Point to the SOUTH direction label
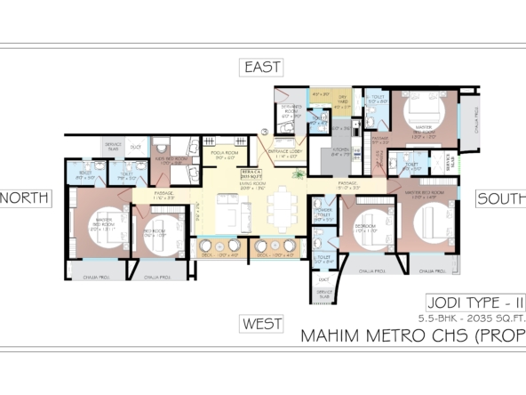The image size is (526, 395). [500, 197]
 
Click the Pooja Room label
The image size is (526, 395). [224, 155]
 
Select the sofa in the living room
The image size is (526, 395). [227, 214]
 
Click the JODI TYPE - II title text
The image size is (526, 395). [461, 302]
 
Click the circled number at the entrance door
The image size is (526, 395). [264, 133]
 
